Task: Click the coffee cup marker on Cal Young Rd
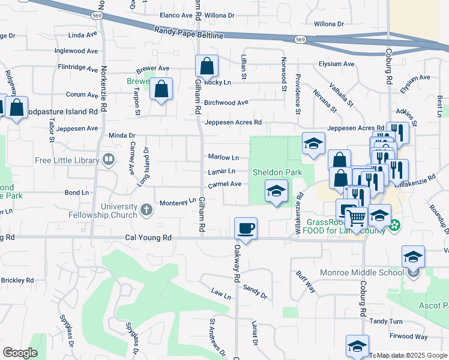pyautogui.click(x=246, y=229)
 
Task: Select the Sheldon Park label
pyautogui.click(x=276, y=172)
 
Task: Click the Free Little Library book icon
pyautogui.click(x=109, y=160)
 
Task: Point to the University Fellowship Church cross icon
pyautogui.click(x=146, y=211)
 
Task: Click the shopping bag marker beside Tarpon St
pyautogui.click(x=161, y=89)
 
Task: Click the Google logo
pyautogui.click(x=20, y=353)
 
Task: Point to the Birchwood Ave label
pyautogui.click(x=226, y=103)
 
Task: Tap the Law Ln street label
pyautogui.click(x=220, y=294)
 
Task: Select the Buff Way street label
pyautogui.click(x=306, y=281)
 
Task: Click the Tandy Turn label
pyautogui.click(x=386, y=321)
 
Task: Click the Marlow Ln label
pyautogui.click(x=223, y=157)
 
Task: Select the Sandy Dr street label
pyautogui.click(x=255, y=291)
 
